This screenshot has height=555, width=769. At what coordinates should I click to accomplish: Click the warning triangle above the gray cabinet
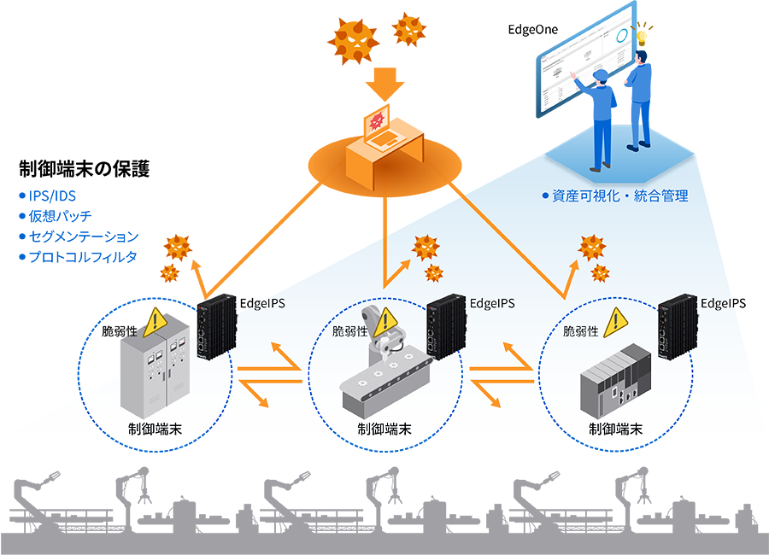pos(154,321)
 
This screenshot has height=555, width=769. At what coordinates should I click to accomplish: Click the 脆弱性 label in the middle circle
pos(350,330)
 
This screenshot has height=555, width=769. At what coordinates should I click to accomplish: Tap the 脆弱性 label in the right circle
pos(581,330)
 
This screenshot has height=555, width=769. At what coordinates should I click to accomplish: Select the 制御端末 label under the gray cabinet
pos(155,429)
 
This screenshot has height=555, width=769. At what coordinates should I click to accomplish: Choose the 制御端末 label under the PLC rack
pos(615,429)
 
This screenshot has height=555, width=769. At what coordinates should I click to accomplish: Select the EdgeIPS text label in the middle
pos(492,303)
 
